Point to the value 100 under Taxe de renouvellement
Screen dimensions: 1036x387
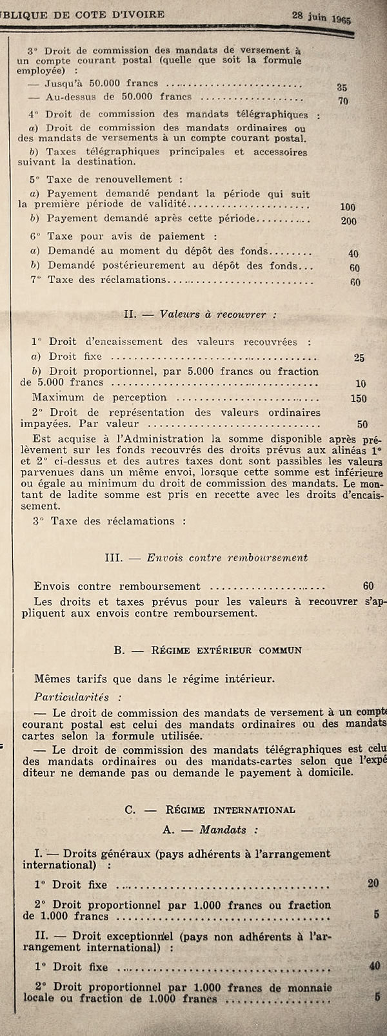click(348, 207)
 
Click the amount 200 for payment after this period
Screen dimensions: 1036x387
click(349, 220)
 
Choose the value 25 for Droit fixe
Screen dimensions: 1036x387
click(359, 357)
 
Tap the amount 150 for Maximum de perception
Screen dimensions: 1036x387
click(358, 399)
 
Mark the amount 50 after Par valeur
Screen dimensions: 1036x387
click(362, 424)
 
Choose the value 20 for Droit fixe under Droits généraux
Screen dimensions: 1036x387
click(373, 884)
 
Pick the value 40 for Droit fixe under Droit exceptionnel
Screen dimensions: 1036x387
click(373, 966)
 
